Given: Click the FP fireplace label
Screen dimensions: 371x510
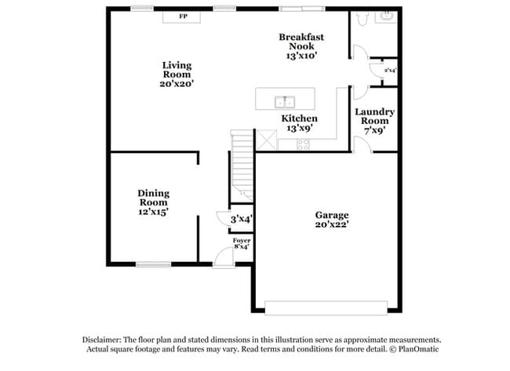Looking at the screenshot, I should pyautogui.click(x=183, y=16).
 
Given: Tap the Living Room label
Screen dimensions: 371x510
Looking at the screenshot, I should pyautogui.click(x=177, y=73).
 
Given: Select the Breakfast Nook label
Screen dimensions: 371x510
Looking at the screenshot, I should pyautogui.click(x=301, y=46).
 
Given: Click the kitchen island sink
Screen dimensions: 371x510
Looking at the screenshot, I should pyautogui.click(x=284, y=101).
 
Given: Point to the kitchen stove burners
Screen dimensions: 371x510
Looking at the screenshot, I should pyautogui.click(x=304, y=144).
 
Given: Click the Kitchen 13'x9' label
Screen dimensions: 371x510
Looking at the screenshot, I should pyautogui.click(x=300, y=123).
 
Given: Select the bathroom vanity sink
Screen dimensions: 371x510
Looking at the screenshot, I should pyautogui.click(x=386, y=16).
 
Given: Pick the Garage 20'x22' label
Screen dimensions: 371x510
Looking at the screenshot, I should pyautogui.click(x=332, y=220).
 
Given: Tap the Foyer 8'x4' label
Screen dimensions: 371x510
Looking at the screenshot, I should pyautogui.click(x=241, y=243).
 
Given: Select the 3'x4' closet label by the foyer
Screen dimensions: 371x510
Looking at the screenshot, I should pyautogui.click(x=241, y=220).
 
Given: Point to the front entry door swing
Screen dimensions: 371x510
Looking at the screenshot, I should pyautogui.click(x=224, y=256).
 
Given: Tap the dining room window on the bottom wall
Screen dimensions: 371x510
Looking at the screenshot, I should pyautogui.click(x=154, y=264).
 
